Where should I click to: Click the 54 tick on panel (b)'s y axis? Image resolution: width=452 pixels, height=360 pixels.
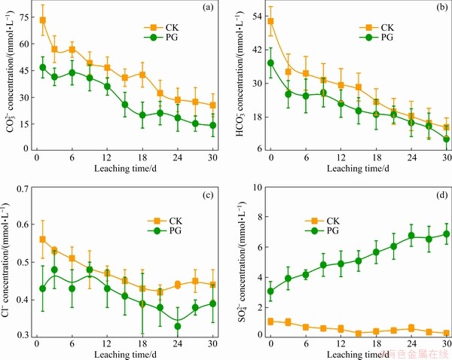coord(253,15)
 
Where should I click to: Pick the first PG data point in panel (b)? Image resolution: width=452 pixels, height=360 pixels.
coord(271,63)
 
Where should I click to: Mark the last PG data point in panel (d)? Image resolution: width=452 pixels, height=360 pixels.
coord(446,233)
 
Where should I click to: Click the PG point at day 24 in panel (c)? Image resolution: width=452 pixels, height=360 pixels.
coord(178,326)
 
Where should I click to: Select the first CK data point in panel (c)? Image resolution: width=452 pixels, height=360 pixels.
coord(42,239)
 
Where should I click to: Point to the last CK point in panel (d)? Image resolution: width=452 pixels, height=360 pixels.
coord(446,333)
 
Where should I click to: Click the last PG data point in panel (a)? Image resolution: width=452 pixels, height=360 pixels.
coord(212,125)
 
